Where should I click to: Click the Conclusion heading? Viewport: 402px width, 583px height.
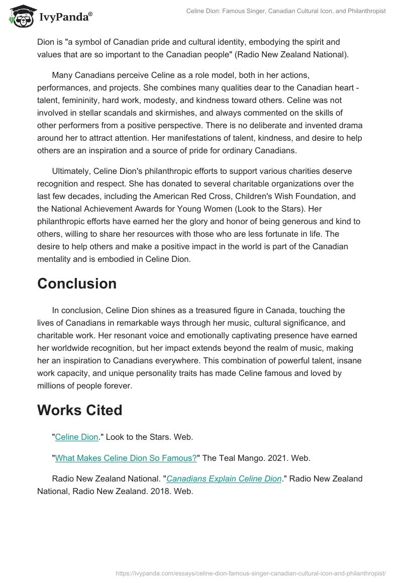77,283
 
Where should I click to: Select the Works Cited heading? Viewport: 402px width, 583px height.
80,410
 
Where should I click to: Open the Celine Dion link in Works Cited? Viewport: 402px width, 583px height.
76,437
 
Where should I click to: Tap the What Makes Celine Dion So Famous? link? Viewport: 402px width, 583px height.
126,458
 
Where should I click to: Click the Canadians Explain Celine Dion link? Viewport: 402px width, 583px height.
224,478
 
